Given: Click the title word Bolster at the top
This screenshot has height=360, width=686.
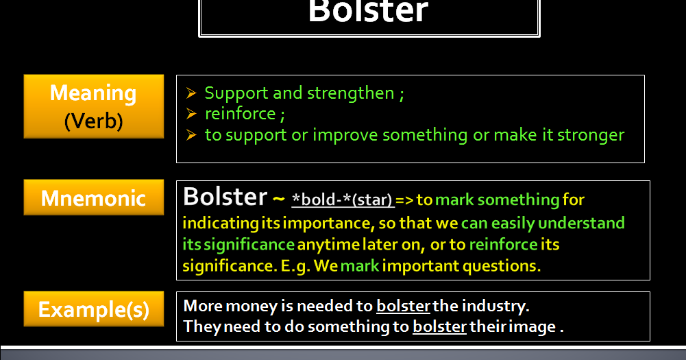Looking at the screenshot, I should pyautogui.click(x=368, y=12).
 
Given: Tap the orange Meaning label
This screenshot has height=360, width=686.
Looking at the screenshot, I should pyautogui.click(x=93, y=93).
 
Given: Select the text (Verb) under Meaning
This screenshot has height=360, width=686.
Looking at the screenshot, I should pyautogui.click(x=93, y=121).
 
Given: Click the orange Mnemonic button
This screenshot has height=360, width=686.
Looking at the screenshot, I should pyautogui.click(x=93, y=198).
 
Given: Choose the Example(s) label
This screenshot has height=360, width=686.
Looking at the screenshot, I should pyautogui.click(x=93, y=309).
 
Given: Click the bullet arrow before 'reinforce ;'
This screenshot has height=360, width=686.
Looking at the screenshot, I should pyautogui.click(x=192, y=113).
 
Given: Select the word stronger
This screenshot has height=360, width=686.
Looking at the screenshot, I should pyautogui.click(x=590, y=134).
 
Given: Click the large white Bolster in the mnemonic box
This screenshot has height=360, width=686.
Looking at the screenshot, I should pyautogui.click(x=224, y=197).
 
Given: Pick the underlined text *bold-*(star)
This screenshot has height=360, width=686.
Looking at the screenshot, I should pyautogui.click(x=342, y=200).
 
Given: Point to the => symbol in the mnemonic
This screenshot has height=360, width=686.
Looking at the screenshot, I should pyautogui.click(x=404, y=200).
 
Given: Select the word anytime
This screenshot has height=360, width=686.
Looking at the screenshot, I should pyautogui.click(x=326, y=244).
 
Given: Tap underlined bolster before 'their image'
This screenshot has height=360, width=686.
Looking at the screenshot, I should pyautogui.click(x=439, y=326).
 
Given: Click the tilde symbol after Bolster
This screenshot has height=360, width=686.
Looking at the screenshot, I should pyautogui.click(x=278, y=200).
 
